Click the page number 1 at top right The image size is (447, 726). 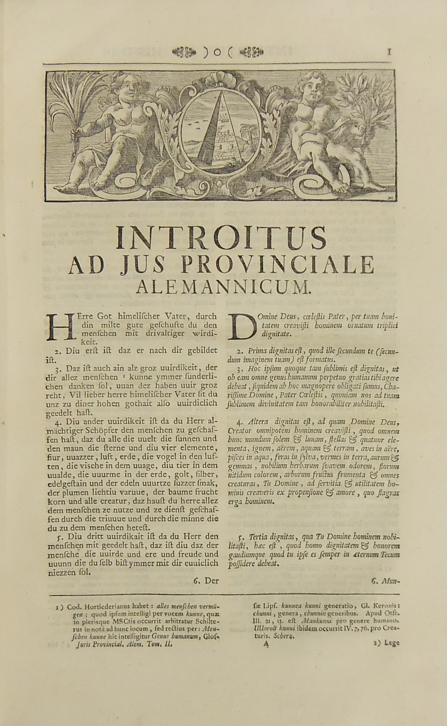click(x=389, y=52)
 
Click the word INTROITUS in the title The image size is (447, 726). click(x=221, y=238)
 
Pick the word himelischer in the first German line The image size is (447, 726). click(x=138, y=317)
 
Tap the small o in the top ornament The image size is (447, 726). click(x=218, y=52)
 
